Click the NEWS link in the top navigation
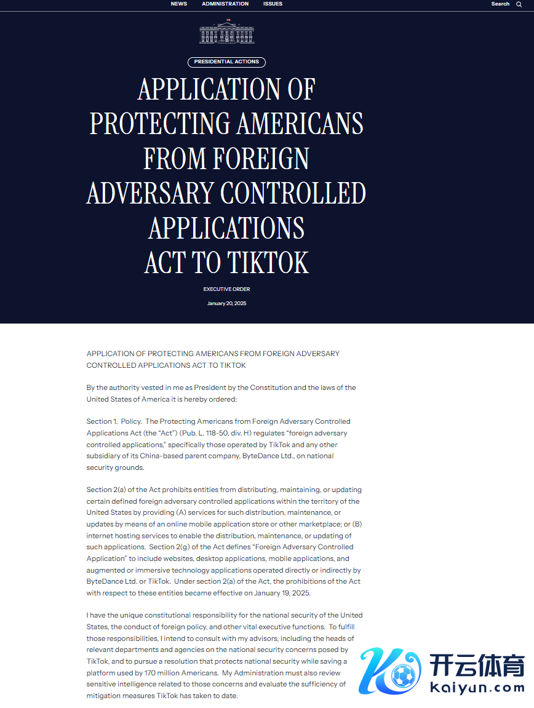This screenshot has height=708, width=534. coord(178,4)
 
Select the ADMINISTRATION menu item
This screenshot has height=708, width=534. coord(225,4)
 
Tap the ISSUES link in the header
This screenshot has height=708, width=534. coord(273,4)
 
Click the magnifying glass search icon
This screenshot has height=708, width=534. coord(519,4)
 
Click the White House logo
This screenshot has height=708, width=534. coord(226,31)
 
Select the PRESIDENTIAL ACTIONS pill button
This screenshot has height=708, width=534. coord(226,62)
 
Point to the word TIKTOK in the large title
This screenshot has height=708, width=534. coord(268,263)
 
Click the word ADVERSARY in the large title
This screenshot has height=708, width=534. coord(151,193)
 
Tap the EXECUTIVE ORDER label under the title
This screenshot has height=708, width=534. coord(226,289)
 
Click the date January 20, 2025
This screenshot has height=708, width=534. coord(226,303)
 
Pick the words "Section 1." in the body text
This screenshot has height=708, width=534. coord(101,421)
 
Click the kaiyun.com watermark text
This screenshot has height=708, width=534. coord(477,687)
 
